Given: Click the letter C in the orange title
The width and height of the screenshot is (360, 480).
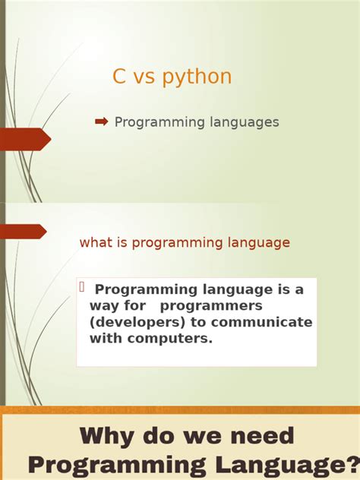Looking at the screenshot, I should click(x=119, y=77).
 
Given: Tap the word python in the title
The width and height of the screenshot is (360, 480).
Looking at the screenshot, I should click(x=196, y=77).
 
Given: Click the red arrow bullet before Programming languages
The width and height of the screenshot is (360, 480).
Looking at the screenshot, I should click(x=102, y=122).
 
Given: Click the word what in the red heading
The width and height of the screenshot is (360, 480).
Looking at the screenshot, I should click(x=96, y=243).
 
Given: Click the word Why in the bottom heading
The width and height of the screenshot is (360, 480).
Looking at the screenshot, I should click(x=112, y=436).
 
